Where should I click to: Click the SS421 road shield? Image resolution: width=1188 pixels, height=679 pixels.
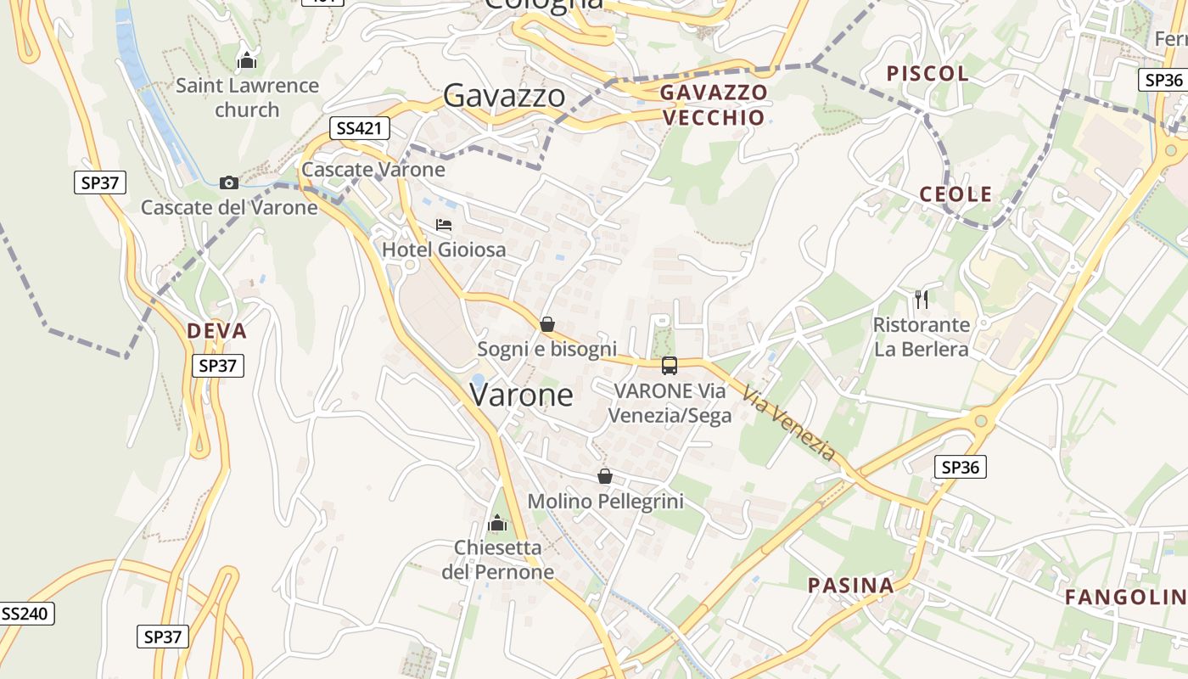tap(360, 128)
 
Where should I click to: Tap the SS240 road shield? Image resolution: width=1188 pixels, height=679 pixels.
tap(26, 614)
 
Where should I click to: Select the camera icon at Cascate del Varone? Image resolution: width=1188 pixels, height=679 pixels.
tap(228, 182)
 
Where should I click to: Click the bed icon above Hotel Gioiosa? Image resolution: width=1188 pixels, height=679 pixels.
tap(444, 225)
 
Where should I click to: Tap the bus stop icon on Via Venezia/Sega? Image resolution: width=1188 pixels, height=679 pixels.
tap(670, 366)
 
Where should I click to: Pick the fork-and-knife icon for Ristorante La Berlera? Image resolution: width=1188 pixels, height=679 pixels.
tap(922, 299)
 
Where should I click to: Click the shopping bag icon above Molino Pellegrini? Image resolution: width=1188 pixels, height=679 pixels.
tap(605, 476)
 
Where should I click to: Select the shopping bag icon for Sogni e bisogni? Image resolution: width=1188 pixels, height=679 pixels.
tap(547, 324)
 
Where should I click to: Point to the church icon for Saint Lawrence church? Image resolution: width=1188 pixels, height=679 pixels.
tap(247, 60)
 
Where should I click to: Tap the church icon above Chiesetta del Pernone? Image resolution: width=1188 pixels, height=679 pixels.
tap(497, 523)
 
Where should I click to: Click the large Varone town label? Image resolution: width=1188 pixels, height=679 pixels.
tap(521, 396)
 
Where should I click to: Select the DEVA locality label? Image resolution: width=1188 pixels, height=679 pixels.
tap(216, 331)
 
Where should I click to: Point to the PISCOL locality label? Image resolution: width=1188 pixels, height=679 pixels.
tap(927, 74)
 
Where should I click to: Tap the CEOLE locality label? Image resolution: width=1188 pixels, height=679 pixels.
tap(955, 194)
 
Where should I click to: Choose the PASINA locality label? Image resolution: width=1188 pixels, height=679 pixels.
tap(850, 585)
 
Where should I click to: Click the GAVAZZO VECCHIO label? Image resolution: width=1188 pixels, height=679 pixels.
tap(713, 104)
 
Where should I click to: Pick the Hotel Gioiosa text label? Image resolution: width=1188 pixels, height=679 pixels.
tap(444, 250)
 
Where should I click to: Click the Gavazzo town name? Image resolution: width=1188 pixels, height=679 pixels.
tap(504, 95)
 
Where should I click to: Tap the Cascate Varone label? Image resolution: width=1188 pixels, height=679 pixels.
tap(373, 169)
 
